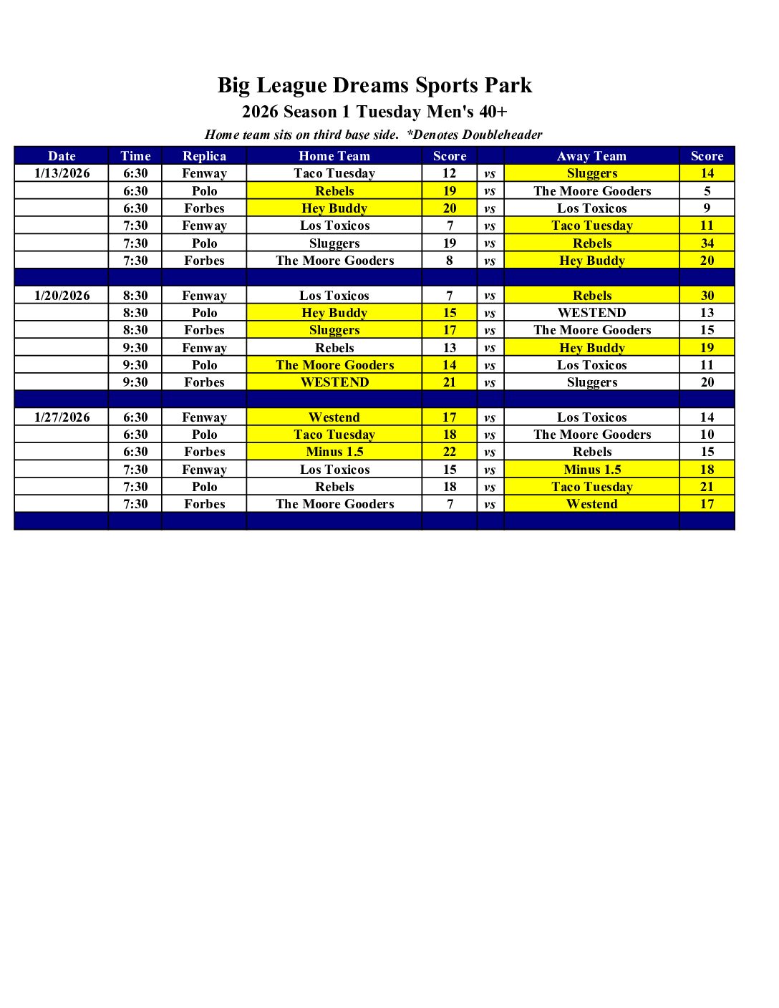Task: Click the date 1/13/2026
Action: point(62,173)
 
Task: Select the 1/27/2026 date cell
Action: point(62,417)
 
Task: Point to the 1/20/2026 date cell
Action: point(62,296)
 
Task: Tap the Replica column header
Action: point(204,156)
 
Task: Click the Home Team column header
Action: point(334,156)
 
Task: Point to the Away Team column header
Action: point(591,156)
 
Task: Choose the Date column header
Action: point(62,156)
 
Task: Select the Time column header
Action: point(135,156)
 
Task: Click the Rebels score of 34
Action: point(707,243)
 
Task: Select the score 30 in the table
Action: point(707,296)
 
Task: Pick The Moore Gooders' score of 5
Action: point(707,191)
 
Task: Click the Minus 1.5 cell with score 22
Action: point(334,452)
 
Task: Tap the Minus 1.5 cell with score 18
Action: point(592,470)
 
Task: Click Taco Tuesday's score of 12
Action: point(449,173)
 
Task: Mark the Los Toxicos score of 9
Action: point(707,208)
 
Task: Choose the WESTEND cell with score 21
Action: point(334,382)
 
